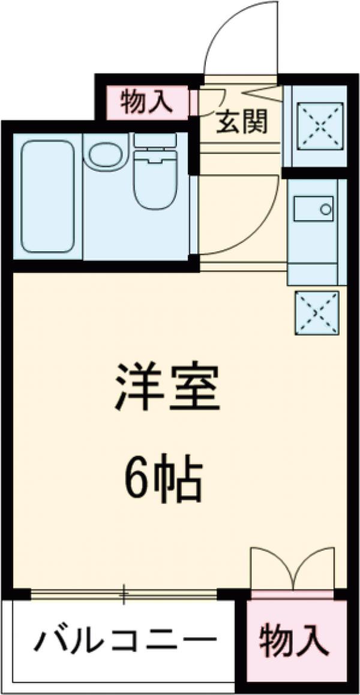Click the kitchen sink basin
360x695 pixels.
point(314,210)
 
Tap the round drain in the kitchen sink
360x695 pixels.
point(326,209)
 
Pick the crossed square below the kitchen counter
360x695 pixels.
point(316,312)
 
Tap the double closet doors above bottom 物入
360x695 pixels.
point(292,568)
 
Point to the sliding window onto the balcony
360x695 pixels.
point(123,594)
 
